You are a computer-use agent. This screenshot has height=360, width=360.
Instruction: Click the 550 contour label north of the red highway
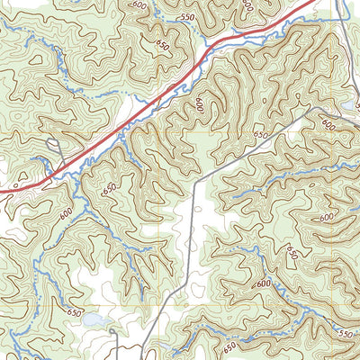(187, 18)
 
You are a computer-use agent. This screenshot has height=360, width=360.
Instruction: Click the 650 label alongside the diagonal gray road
(261, 134)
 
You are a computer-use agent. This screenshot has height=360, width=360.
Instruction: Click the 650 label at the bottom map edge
(229, 346)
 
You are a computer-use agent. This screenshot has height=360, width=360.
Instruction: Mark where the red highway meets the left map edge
(1, 191)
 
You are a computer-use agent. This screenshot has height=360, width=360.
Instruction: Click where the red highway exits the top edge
(314, 1)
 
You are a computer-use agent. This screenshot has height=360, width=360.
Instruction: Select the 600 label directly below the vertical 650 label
(263, 283)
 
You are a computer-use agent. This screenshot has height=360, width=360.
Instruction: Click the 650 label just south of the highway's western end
(110, 190)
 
